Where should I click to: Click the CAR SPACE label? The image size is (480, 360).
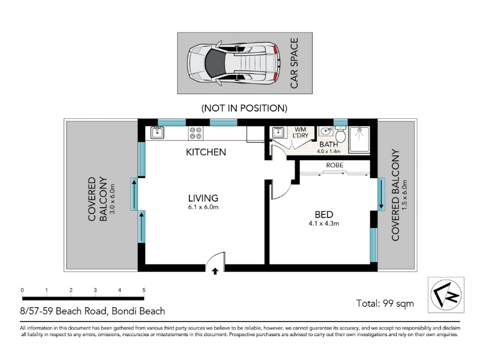pos(294,63)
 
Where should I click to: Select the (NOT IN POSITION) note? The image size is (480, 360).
pos(244,108)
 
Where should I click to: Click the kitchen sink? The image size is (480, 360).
pos(157,133)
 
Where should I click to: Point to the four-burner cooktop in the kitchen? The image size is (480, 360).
pos(196,133)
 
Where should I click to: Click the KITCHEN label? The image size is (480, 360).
pos(206,152)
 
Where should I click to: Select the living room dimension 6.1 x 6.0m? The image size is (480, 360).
pos(203,207)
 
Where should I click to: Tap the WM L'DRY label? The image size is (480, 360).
pos(301,133)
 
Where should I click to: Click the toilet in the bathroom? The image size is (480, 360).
pos(340,133)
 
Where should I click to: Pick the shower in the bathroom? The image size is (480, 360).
pos(359,139)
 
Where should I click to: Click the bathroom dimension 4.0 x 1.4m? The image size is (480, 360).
pos(328,151)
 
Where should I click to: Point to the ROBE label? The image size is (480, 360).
pos(335,166)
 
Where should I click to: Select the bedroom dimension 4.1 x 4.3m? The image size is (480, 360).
pos(324,224)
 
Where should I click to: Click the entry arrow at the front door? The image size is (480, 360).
pos(215,271)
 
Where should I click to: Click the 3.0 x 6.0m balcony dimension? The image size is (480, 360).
pos(112,199)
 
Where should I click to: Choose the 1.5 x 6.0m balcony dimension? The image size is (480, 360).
pos(405,194)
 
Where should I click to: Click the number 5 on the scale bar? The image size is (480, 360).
pos(144,290)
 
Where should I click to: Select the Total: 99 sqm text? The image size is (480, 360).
pos(385,304)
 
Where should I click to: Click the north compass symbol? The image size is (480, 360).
pos(446,295)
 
